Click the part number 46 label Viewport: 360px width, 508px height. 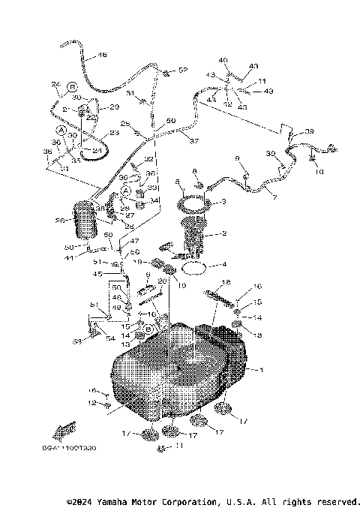click(x=103, y=55)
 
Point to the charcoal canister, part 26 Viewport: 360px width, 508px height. click(x=84, y=224)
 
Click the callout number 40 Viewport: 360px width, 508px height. click(x=223, y=60)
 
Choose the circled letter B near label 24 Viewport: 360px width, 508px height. click(x=73, y=86)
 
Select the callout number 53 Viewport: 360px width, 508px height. click(x=76, y=341)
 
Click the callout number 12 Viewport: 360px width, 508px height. click(x=92, y=404)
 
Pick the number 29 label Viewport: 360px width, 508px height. click(x=115, y=107)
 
